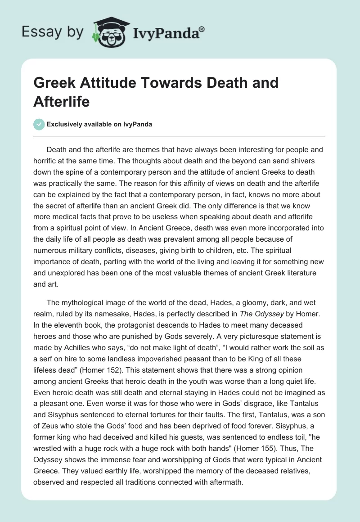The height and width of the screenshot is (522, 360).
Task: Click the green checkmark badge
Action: click(x=39, y=125)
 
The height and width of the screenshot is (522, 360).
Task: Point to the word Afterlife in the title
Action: click(x=62, y=102)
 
